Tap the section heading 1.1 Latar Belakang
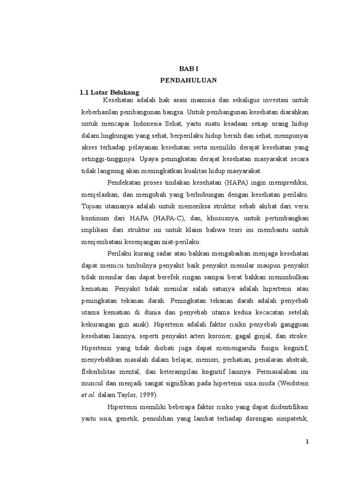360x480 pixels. pos(110,92)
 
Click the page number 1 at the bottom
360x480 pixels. pos(307,442)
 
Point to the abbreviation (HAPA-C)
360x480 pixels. pos(174,218)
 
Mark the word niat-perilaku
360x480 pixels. pos(183,241)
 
